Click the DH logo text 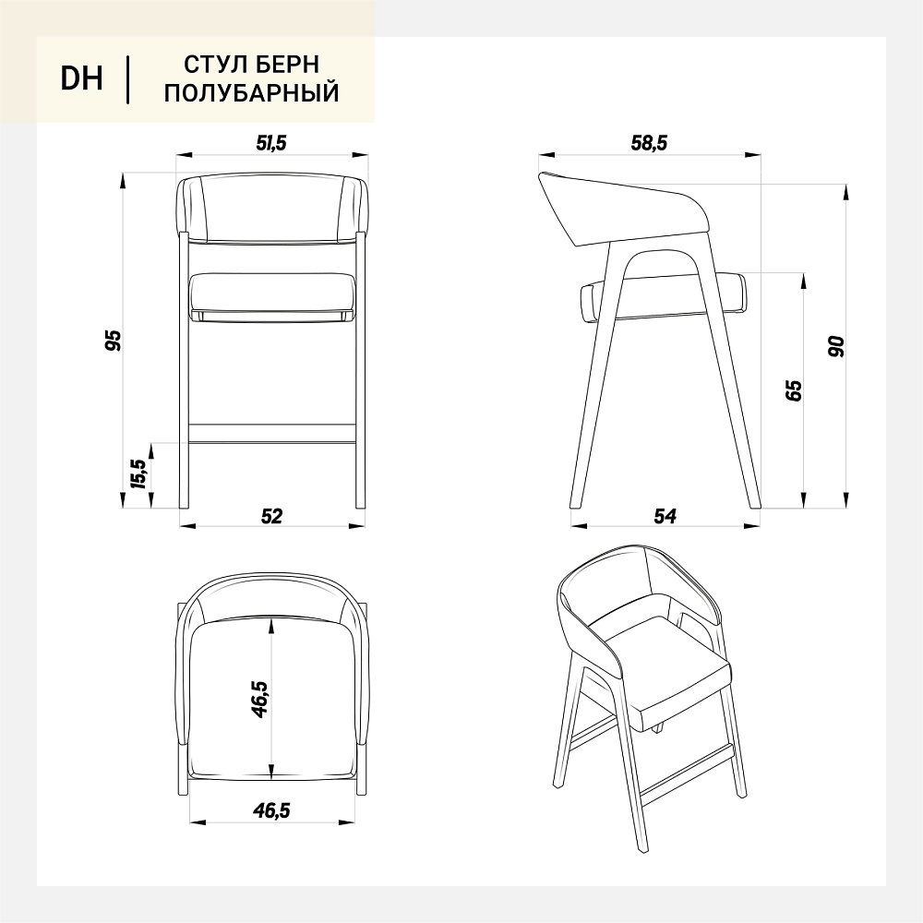81,78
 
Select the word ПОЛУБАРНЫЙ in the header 251,93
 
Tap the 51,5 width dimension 271,143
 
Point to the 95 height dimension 113,341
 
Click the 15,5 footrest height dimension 138,473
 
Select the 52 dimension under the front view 271,516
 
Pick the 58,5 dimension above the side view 649,143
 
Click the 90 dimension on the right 836,346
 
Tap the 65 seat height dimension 794,390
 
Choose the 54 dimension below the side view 665,516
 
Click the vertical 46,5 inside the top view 259,700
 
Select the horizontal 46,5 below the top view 272,810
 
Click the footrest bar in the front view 272,433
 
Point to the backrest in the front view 273,208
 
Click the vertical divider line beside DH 127,79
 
